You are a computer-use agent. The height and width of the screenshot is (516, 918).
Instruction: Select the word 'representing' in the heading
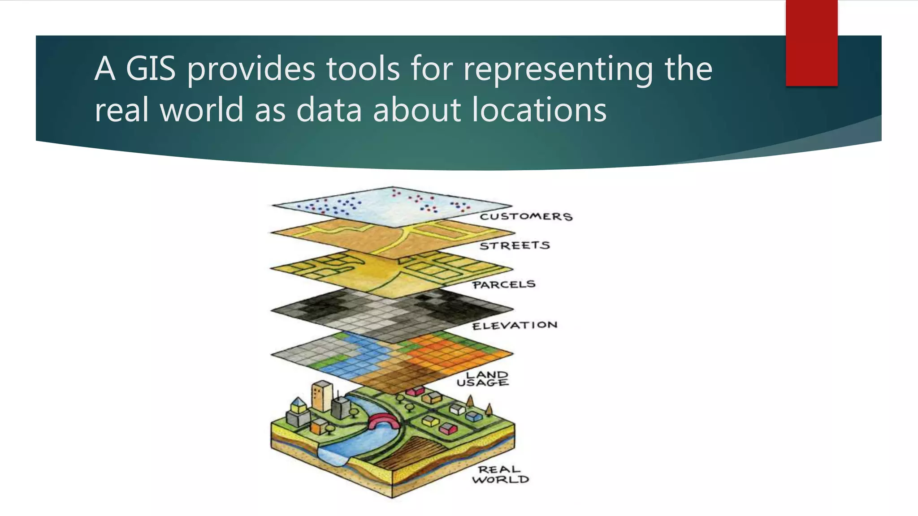(558, 69)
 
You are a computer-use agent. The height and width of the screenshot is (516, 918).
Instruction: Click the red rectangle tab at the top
(811, 43)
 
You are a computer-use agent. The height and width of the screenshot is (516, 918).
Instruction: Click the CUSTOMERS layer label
(526, 217)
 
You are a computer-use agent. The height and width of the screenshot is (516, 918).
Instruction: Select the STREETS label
(514, 245)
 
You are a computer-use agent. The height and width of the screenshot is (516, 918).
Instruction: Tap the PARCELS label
(504, 284)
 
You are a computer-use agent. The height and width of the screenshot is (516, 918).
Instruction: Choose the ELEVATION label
(515, 325)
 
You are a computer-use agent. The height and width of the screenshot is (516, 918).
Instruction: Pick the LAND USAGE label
(483, 378)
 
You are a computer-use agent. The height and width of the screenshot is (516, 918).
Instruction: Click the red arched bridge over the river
(382, 421)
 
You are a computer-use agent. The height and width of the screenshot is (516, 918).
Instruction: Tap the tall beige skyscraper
(321, 396)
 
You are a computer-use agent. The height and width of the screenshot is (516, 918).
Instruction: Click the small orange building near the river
(318, 426)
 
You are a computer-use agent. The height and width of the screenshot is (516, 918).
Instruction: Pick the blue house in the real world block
(473, 417)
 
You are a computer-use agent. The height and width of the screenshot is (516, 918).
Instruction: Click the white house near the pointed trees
(458, 408)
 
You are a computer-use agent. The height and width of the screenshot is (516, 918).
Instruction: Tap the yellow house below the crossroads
(429, 421)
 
